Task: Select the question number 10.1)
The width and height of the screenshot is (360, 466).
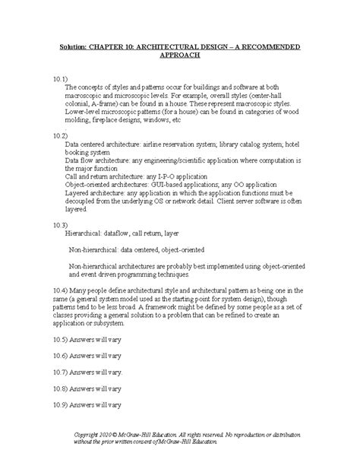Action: (62, 79)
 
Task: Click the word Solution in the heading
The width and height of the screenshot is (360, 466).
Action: (75, 47)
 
